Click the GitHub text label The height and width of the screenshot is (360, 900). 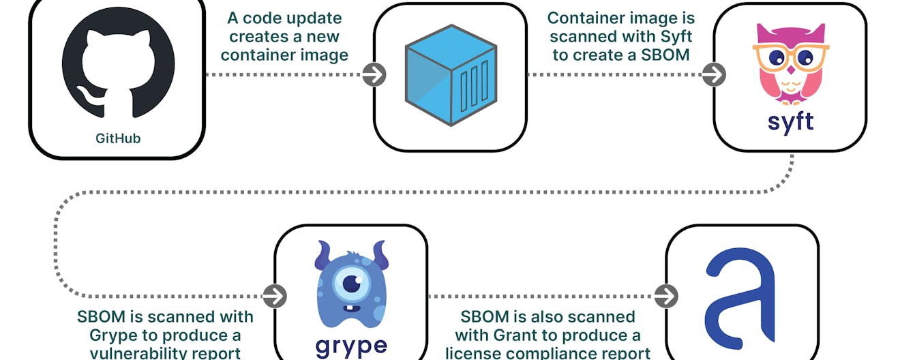118,138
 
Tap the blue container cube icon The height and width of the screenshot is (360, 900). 449,75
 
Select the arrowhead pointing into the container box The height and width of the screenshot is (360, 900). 374,75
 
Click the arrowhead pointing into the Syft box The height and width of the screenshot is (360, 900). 714,75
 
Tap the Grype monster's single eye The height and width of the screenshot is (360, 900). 352,282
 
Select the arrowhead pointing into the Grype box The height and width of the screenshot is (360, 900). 275,296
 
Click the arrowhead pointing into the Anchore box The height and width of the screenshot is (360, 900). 666,296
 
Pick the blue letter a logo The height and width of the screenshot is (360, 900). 740,298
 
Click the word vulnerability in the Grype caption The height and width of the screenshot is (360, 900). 136,353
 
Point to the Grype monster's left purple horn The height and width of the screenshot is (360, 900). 322,254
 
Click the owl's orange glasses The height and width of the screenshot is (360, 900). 790,57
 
